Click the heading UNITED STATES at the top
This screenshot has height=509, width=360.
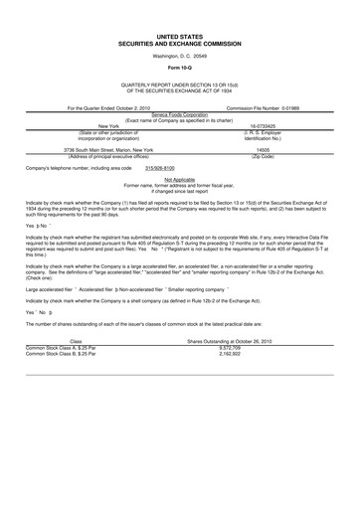[180, 35]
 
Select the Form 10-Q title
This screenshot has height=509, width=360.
[180, 67]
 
